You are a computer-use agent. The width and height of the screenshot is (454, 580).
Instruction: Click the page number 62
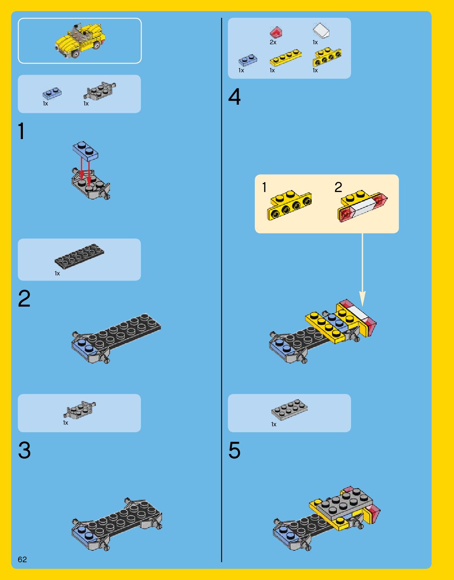tap(22, 559)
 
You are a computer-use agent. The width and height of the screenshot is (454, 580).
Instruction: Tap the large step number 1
tap(22, 131)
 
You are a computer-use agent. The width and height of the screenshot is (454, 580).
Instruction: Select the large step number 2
tap(24, 298)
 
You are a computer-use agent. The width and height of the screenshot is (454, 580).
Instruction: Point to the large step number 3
tap(24, 450)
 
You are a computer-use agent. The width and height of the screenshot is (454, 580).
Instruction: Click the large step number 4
tap(234, 97)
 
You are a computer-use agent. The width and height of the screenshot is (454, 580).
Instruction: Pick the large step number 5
tap(234, 450)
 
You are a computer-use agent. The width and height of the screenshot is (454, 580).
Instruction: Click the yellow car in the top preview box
tap(79, 41)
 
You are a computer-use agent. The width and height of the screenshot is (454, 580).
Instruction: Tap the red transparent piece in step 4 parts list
tap(276, 32)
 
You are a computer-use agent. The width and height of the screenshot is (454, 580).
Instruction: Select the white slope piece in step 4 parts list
tap(321, 30)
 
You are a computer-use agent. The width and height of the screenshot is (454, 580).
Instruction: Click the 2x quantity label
tap(273, 42)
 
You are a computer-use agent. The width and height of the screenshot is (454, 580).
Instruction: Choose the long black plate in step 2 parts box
tap(79, 256)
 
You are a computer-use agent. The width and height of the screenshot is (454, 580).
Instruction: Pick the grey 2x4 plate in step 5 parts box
tap(290, 410)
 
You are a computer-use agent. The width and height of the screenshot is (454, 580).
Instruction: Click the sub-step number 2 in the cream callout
tap(338, 187)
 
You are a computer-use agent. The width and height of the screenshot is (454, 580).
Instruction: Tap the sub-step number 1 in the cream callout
tap(264, 187)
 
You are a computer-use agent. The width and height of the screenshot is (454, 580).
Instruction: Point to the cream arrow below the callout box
tap(362, 269)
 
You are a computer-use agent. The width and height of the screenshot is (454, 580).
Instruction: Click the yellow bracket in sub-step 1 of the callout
tap(290, 205)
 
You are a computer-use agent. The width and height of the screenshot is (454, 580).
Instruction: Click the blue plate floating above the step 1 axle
tap(85, 151)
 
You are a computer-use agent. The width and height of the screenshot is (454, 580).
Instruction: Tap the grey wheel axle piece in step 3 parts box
tap(79, 409)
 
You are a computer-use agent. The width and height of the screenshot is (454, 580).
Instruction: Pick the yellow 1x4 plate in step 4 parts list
tap(286, 58)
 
